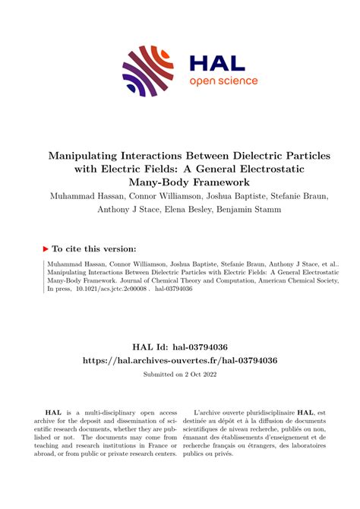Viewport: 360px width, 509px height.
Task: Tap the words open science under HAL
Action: point(223,81)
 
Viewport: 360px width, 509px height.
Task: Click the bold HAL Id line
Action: point(179,345)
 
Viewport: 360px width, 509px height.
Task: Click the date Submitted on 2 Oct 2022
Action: point(180,375)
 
